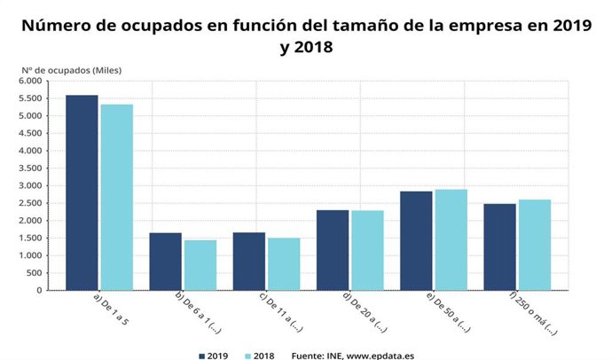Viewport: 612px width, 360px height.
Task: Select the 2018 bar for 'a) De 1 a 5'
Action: coord(117,197)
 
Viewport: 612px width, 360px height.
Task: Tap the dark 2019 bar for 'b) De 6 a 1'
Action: coord(165,262)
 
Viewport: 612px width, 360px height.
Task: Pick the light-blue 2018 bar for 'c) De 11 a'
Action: coord(284,264)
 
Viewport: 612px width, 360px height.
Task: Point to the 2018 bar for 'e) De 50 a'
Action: coord(451,239)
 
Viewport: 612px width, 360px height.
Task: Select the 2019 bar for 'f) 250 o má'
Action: coord(499,247)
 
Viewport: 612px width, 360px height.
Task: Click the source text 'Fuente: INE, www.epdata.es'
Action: coord(353,355)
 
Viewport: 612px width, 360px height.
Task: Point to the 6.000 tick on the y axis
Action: coord(30,81)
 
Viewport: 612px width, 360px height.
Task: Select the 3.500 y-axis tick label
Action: coord(30,168)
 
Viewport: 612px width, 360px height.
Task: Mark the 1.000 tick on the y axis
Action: coord(30,255)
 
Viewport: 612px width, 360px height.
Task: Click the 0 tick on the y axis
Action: coord(39,290)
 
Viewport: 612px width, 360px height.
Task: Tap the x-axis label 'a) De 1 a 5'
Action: coord(110,310)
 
